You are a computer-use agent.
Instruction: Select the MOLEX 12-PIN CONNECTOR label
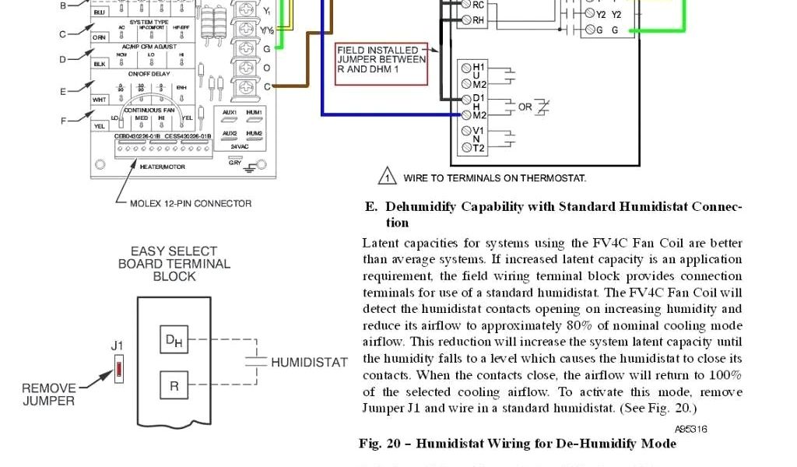click(x=191, y=203)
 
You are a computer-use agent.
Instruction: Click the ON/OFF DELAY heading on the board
click(x=149, y=74)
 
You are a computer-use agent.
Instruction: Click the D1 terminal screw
click(x=466, y=99)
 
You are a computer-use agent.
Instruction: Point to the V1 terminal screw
click(x=466, y=131)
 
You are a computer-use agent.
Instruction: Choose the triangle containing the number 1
click(x=387, y=177)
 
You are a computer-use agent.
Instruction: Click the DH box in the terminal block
click(x=174, y=341)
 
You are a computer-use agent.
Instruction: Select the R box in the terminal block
click(x=174, y=384)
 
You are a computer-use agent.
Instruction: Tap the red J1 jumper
click(x=118, y=368)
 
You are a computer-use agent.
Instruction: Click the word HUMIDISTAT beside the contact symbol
click(x=309, y=362)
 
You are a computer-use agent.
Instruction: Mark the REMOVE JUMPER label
click(x=48, y=395)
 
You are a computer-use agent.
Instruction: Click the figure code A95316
click(x=690, y=429)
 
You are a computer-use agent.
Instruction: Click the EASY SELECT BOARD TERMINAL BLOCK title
click(x=174, y=263)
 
